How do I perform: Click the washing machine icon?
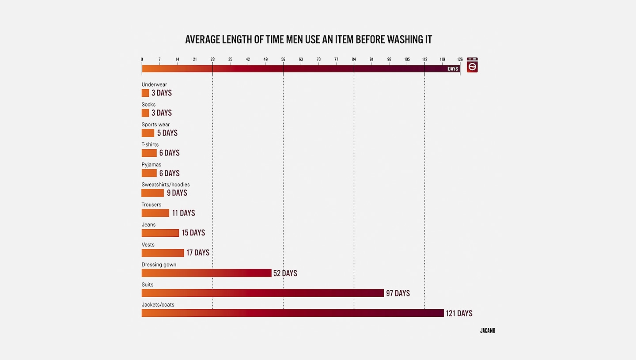pos(472,65)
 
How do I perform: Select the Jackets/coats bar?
pos(292,313)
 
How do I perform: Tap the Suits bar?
pos(262,293)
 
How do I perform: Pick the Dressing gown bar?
pos(206,273)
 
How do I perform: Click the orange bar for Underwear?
pos(145,93)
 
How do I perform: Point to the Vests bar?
pos(163,253)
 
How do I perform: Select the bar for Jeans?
pos(160,233)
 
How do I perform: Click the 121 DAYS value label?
pos(459,313)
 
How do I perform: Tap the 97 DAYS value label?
pos(398,293)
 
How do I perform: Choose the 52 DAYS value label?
pos(285,273)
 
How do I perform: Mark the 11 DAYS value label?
pos(184,213)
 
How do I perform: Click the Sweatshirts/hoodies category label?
pos(166,185)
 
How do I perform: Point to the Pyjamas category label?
pos(151,165)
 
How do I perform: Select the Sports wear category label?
pos(155,125)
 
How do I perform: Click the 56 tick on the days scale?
pos(283,59)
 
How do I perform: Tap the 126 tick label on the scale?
pos(460,59)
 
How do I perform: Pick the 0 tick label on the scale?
pos(142,59)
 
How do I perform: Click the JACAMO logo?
pos(488,330)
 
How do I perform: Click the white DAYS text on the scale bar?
pos(453,69)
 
